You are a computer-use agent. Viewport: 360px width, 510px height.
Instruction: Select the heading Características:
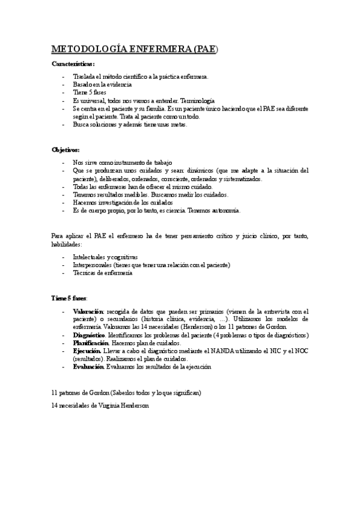coord(73,64)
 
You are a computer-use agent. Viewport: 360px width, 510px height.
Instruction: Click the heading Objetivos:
coord(66,149)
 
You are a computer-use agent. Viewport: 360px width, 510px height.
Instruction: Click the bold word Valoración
coord(88,311)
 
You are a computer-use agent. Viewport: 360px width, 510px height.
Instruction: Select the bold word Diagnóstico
coord(89,334)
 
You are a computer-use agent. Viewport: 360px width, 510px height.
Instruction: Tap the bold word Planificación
coord(91,342)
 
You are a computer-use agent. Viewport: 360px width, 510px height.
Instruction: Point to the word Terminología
coord(198,100)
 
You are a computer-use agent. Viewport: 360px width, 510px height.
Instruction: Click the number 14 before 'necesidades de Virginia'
coord(56,405)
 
